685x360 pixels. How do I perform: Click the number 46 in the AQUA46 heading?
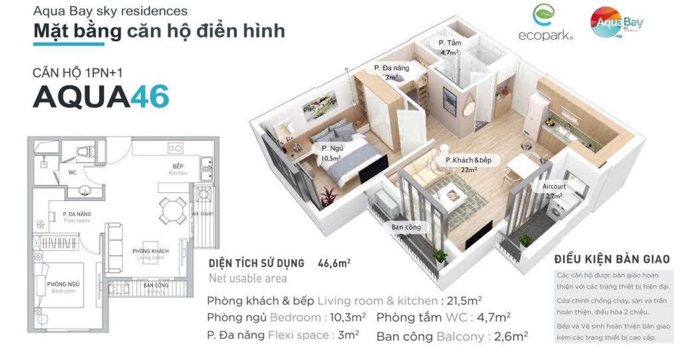(150, 97)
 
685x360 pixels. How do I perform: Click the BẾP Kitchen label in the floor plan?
(178, 169)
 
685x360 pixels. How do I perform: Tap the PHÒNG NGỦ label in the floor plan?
(65, 287)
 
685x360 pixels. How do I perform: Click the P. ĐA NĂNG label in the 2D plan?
(77, 214)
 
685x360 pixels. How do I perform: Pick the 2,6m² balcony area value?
(513, 336)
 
